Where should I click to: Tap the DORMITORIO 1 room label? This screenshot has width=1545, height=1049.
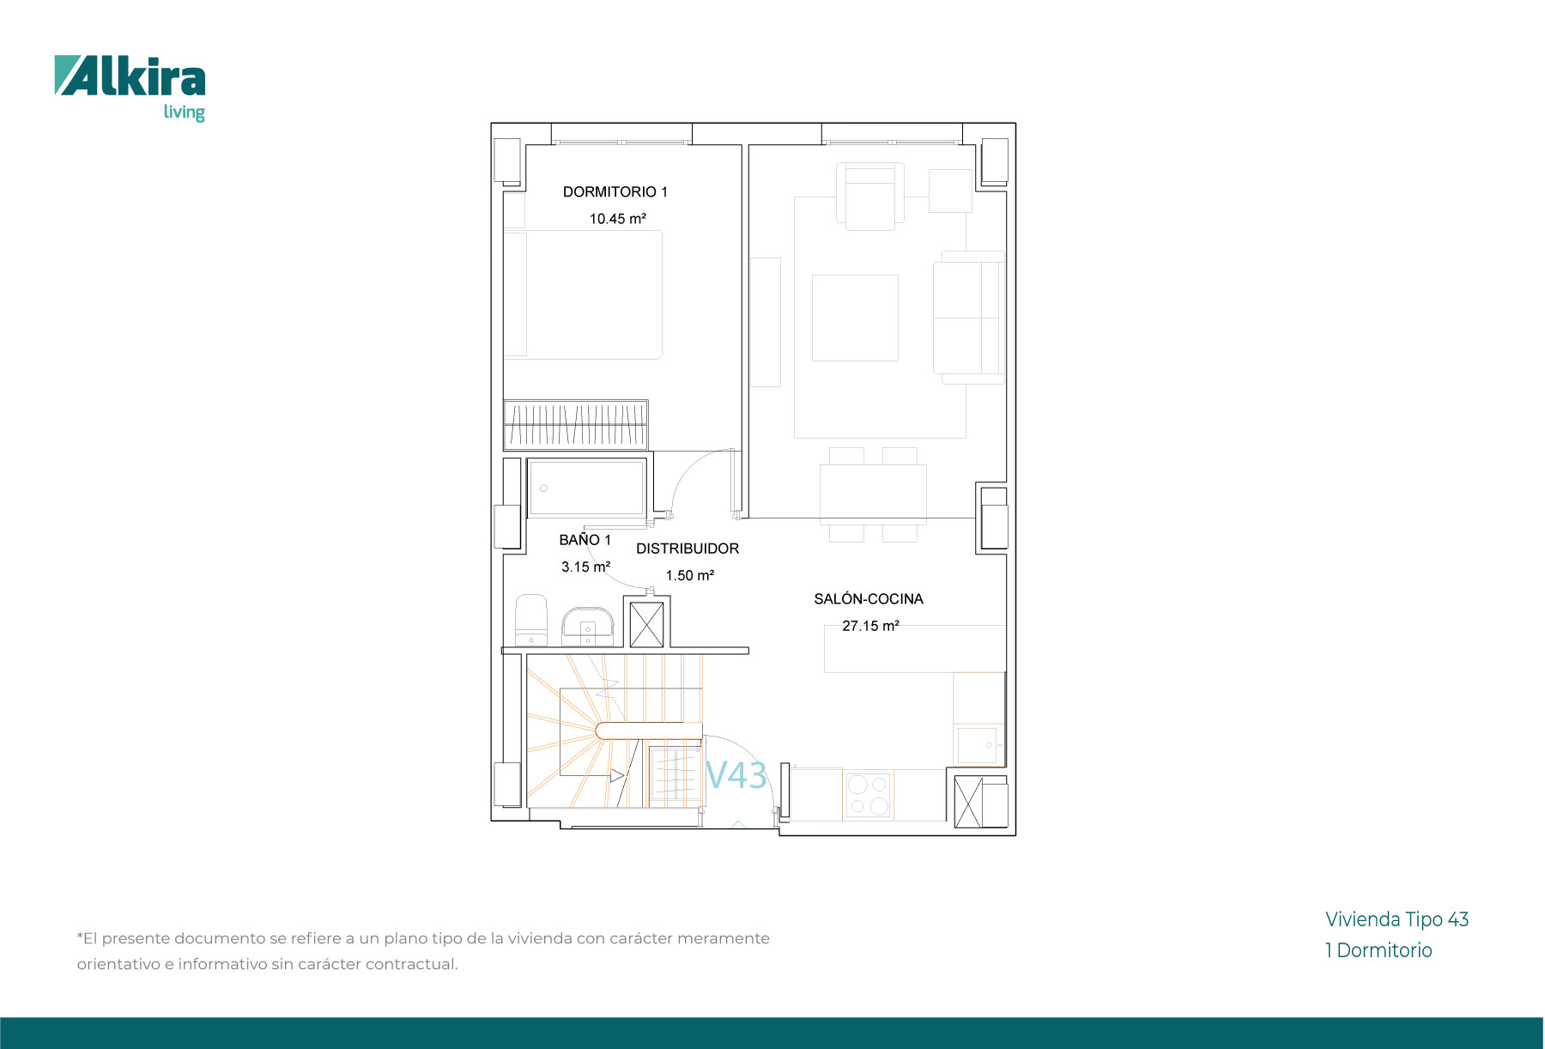pos(615,192)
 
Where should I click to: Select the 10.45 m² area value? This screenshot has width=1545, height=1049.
pos(617,219)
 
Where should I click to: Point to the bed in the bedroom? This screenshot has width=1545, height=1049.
pos(583,294)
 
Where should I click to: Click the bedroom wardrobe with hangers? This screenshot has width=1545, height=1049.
pos(575,425)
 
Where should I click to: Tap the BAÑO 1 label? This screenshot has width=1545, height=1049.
pos(585,540)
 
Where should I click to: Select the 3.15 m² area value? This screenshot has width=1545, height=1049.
pos(585,567)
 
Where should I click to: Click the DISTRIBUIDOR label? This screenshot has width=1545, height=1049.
pos(688,549)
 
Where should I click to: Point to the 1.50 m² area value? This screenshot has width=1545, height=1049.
pos(690,575)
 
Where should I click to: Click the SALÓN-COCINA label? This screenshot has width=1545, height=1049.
pos(869,599)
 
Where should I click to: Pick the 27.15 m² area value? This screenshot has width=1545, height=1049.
pos(870,626)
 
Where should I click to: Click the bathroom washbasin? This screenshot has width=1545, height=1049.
pos(588,627)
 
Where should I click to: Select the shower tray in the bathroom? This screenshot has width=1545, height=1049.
pos(586,488)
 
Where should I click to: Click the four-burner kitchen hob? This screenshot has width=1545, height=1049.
pos(868,795)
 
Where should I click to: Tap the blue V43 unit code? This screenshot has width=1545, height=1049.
pos(736,775)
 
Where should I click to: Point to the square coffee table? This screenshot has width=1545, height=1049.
pos(855,318)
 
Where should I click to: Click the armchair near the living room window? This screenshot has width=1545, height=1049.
pos(870,197)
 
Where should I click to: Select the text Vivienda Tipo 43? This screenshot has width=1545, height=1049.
pos(1397,919)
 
